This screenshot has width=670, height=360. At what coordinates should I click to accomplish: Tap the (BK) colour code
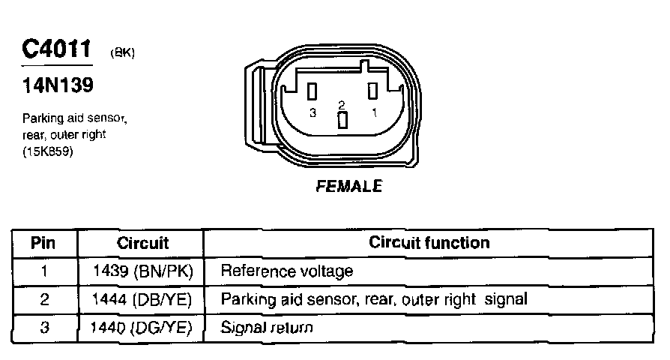tap(121, 53)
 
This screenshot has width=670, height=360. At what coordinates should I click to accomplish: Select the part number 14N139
tap(58, 85)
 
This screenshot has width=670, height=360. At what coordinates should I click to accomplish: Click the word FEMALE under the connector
tap(349, 185)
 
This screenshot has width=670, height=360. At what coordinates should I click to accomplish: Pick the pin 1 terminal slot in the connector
tap(371, 91)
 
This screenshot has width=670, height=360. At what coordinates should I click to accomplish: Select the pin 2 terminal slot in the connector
tap(342, 121)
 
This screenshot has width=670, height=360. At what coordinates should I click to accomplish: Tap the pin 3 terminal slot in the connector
tap(314, 91)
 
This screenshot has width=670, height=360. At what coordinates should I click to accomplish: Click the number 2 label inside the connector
tap(342, 104)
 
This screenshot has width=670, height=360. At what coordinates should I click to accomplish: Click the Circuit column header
tap(143, 243)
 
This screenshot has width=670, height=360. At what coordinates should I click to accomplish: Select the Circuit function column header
tap(429, 242)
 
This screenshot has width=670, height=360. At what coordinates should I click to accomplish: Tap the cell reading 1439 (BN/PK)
tap(143, 271)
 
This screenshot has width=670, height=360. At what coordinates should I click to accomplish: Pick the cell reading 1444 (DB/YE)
tap(143, 299)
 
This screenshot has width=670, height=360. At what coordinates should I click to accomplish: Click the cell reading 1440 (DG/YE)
tap(143, 328)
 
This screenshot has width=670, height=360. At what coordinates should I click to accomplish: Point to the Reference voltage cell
tap(286, 271)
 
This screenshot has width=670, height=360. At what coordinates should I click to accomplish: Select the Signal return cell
tap(266, 328)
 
